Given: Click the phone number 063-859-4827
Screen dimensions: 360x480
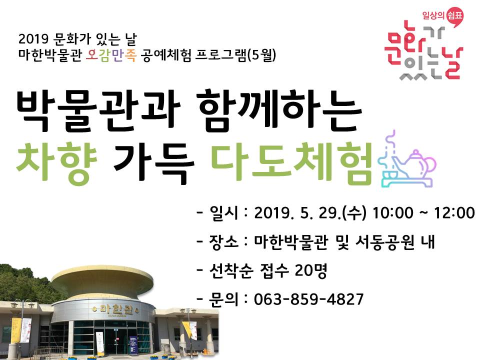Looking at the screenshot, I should [x=308, y=299].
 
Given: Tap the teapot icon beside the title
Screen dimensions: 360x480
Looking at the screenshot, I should [x=406, y=162].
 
